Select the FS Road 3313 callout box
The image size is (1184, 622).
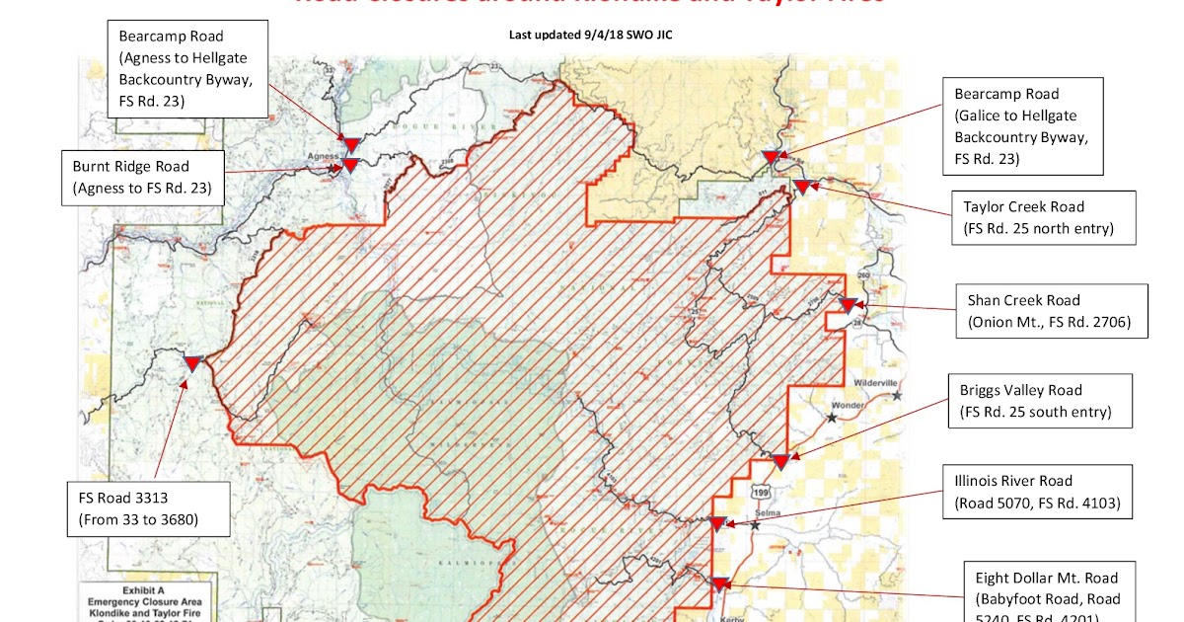147,509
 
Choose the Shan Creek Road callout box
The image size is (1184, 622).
1052,311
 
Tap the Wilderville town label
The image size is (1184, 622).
873,380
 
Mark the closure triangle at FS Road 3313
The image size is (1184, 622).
192,363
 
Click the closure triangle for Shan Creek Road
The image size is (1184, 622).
847,306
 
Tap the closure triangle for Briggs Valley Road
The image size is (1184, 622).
779,461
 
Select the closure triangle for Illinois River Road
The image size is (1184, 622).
717,523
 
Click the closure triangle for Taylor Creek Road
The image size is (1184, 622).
802,187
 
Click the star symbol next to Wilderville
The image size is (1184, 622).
897,395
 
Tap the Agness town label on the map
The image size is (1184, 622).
323,155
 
